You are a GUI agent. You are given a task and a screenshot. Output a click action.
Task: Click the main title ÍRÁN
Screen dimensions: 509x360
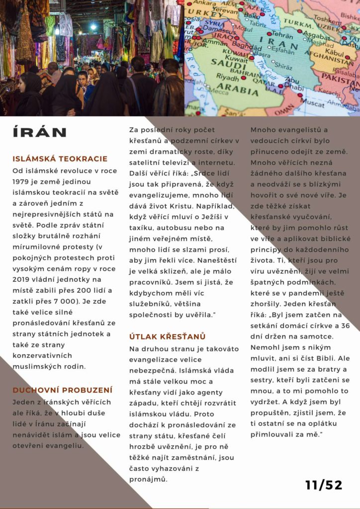[39, 132]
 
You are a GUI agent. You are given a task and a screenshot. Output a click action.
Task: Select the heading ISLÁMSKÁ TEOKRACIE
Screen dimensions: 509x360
[60, 159]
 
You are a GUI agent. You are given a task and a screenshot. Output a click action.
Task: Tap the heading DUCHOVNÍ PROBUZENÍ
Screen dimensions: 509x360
[62, 390]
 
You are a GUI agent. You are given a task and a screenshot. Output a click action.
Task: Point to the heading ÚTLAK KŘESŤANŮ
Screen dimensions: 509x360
[167, 337]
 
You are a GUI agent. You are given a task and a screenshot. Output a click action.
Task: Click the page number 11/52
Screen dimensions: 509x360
[324, 485]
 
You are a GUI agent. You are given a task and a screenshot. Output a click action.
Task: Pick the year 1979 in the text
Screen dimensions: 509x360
[23, 182]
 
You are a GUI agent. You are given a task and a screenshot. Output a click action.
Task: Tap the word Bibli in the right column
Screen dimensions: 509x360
[328, 357]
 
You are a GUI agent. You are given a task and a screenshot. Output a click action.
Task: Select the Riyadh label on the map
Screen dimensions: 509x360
[228, 77]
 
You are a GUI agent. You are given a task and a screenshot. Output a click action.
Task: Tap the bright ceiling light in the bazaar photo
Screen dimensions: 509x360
[93, 26]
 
